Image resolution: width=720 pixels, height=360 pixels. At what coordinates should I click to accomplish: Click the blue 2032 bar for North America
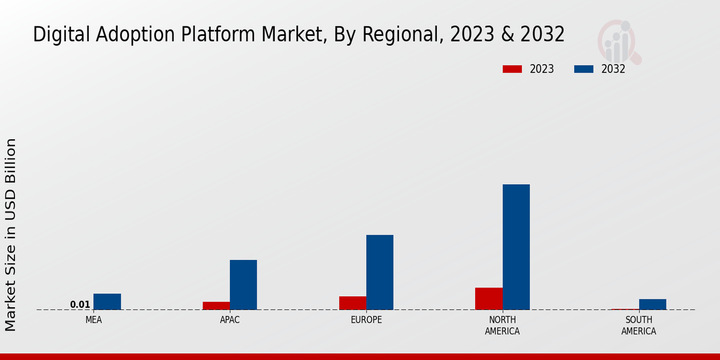click(516, 247)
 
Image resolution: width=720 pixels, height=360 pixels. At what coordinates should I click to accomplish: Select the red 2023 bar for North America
click(488, 299)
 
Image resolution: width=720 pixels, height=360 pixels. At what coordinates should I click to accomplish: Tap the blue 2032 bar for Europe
click(380, 272)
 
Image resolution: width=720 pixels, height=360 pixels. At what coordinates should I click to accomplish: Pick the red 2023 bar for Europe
click(352, 303)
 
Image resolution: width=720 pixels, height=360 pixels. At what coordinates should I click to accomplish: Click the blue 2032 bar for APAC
click(243, 285)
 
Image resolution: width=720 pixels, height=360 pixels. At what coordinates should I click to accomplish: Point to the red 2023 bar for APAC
click(216, 306)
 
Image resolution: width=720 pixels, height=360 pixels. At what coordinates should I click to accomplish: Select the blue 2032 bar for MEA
click(107, 302)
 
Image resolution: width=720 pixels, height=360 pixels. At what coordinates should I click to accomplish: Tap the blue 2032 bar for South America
click(652, 304)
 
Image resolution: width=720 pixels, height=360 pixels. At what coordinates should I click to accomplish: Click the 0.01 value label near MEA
click(80, 305)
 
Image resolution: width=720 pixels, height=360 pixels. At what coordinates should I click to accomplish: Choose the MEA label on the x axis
click(94, 320)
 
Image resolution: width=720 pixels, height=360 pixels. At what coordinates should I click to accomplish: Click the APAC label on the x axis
click(230, 320)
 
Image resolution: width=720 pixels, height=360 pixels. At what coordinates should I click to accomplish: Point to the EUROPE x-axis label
click(366, 320)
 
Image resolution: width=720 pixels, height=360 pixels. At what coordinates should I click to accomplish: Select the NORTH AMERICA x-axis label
click(502, 326)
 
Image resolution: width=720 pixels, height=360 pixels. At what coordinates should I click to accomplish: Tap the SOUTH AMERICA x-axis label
click(638, 326)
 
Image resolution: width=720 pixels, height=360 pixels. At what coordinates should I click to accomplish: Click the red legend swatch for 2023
click(512, 69)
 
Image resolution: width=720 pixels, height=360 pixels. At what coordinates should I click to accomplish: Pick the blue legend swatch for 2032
click(583, 69)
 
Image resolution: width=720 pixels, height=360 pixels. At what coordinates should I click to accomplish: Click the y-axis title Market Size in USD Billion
click(11, 234)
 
